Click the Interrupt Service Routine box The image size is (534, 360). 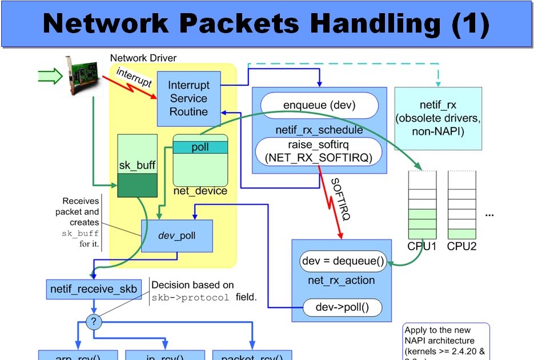click(x=188, y=98)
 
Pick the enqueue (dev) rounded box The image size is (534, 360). click(x=319, y=105)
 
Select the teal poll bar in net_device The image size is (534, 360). click(x=200, y=147)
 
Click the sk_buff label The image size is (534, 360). click(x=137, y=165)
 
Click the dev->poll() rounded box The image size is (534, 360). click(x=342, y=308)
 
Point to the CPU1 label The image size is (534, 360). click(x=423, y=247)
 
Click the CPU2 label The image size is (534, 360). click(x=461, y=247)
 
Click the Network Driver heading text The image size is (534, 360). click(x=143, y=58)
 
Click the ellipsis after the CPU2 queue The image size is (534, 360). click(x=489, y=215)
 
